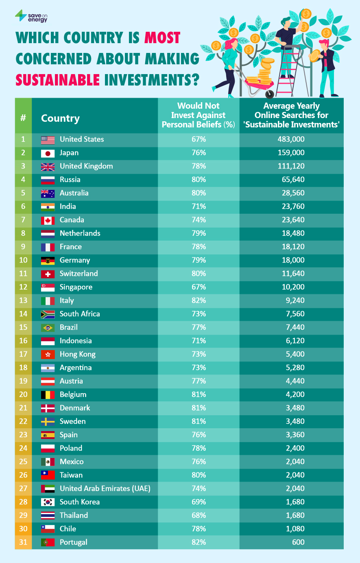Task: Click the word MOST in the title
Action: click(x=162, y=38)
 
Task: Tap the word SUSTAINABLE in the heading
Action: click(x=57, y=79)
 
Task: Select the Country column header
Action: click(x=60, y=118)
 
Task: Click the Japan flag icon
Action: click(x=48, y=153)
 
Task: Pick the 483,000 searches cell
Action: click(x=291, y=139)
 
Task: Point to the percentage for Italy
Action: click(x=199, y=300)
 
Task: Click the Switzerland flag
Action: click(x=48, y=274)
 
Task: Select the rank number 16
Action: click(x=23, y=341)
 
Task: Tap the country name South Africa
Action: click(x=80, y=314)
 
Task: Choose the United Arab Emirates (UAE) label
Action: click(x=105, y=489)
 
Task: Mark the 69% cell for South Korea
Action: click(x=199, y=502)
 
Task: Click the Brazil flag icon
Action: click(x=48, y=328)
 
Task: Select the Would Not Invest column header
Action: click(x=199, y=115)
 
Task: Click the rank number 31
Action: click(x=23, y=542)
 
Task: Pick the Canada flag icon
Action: click(x=48, y=220)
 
